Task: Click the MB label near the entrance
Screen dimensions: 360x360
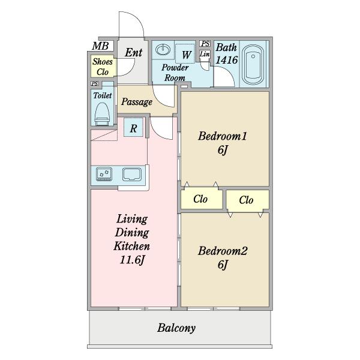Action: [x=100, y=46]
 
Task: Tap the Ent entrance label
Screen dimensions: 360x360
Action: [x=133, y=53]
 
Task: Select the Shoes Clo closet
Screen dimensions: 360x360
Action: [x=103, y=67]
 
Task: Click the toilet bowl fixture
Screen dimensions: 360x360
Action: [x=102, y=114]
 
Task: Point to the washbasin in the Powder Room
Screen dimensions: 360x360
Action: [x=163, y=50]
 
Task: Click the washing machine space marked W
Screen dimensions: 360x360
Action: [x=186, y=53]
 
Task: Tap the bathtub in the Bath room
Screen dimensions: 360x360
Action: [x=253, y=65]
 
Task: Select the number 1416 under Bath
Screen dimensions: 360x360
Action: [x=227, y=60]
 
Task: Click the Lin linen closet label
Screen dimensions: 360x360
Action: [x=205, y=54]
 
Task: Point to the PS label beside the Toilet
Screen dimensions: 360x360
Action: [x=95, y=83]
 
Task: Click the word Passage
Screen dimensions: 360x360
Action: [x=137, y=102]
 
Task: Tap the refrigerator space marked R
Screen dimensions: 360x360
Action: [x=133, y=127]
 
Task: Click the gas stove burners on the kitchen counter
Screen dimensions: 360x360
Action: [x=104, y=174]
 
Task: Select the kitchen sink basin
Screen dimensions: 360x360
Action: [x=132, y=175]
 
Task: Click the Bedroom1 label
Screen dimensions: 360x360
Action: [x=222, y=136]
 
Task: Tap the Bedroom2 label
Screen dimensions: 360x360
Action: [x=223, y=251]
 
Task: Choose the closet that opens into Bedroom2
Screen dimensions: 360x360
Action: [x=247, y=200]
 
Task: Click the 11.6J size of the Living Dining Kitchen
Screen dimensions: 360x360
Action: [x=132, y=260]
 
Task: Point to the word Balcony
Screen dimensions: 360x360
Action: [x=176, y=328]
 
